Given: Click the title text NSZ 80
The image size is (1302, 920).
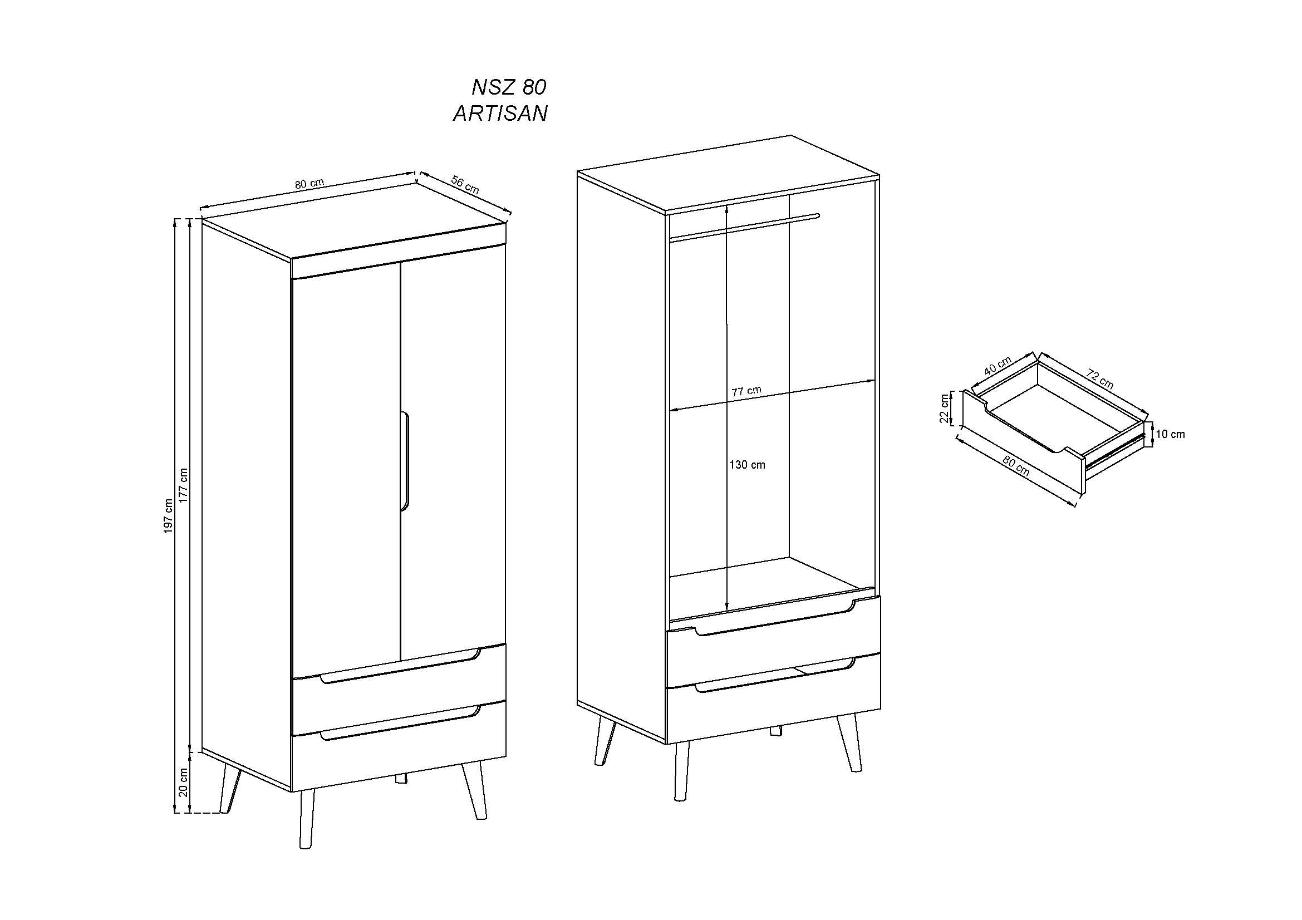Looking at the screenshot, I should coord(508,87).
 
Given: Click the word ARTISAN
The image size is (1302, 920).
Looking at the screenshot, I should coord(500,114).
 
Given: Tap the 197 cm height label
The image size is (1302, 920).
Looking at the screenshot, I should coord(168,516).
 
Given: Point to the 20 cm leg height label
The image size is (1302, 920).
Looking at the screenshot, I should coord(183,783).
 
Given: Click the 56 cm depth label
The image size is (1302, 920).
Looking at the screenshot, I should coord(465,185).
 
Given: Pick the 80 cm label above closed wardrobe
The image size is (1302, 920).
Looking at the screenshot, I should coord(309,184).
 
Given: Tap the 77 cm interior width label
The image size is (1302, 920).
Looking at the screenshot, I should coord(746,391).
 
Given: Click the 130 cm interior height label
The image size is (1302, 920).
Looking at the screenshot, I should coord(747,465).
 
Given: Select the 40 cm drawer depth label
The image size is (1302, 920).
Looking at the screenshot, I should coord(998,366).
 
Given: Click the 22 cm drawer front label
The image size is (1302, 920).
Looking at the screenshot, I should coord(944,408).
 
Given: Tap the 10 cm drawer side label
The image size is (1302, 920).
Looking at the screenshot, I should coord(1170,434).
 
